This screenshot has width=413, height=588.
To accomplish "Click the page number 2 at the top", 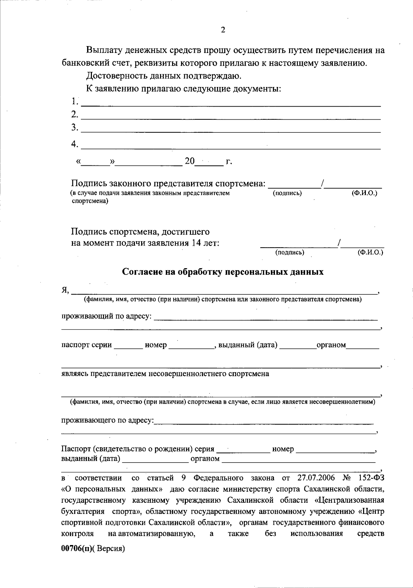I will click(x=223, y=30).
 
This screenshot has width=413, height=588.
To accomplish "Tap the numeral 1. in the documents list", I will click(x=75, y=101).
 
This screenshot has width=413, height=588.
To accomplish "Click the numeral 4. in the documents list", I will click(x=75, y=144).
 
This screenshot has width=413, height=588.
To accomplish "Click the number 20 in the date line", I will click(x=190, y=161).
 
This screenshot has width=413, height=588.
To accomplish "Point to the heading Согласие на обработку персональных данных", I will click(x=223, y=272).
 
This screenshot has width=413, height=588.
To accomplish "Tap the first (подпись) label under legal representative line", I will click(x=287, y=193).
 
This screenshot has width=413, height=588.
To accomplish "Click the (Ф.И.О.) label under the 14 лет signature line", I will click(x=370, y=253).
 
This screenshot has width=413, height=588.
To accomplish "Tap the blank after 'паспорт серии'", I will click(x=128, y=345).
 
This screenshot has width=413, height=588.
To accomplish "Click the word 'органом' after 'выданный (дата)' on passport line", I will click(x=331, y=345).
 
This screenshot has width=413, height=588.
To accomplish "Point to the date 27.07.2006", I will click(x=316, y=478).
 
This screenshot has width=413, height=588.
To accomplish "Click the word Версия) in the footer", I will click(x=110, y=549).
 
